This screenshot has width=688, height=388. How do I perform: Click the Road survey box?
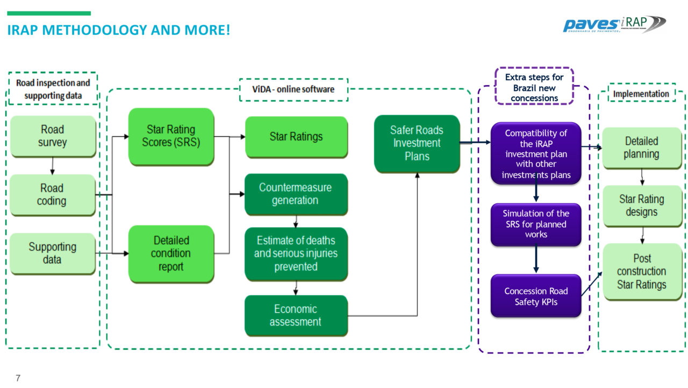[x=52, y=136]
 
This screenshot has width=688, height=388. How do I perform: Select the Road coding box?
[x=52, y=195]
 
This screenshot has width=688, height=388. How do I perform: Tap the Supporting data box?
[x=52, y=253]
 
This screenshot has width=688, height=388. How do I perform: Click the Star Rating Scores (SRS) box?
[x=171, y=136]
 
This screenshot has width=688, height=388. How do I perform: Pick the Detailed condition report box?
[x=171, y=253]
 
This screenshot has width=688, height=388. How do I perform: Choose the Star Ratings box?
[x=296, y=137]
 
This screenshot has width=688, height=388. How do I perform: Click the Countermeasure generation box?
[x=296, y=194]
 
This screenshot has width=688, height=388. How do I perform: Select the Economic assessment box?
[x=296, y=315]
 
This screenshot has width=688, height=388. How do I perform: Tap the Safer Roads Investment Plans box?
[x=417, y=143]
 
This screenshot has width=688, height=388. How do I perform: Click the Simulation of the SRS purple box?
[x=535, y=224]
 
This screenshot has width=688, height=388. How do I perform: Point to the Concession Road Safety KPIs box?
[x=535, y=297]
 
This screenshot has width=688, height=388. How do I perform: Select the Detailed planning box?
[x=641, y=147]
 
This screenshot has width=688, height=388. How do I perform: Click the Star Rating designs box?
[x=641, y=206]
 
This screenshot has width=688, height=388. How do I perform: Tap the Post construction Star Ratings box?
[x=641, y=271]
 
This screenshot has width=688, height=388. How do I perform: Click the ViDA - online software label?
[x=293, y=89]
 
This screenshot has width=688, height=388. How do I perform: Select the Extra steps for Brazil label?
[x=534, y=88]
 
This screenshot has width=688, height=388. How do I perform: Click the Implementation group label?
[x=641, y=94]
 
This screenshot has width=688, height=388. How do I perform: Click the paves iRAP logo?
[x=614, y=24]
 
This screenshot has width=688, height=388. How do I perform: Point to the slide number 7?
[x=18, y=378]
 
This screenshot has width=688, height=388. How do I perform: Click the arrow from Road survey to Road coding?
[x=52, y=166]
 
